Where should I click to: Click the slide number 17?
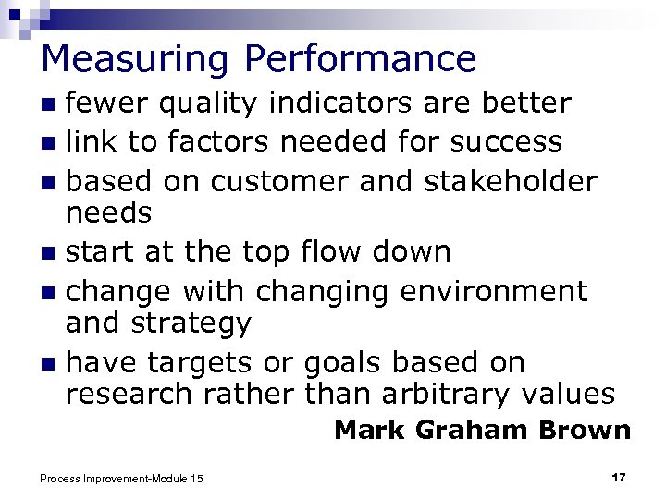click(x=618, y=477)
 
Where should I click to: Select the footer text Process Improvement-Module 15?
click(x=122, y=478)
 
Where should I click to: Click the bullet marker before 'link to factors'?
click(x=49, y=143)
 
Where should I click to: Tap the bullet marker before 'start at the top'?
click(x=49, y=252)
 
